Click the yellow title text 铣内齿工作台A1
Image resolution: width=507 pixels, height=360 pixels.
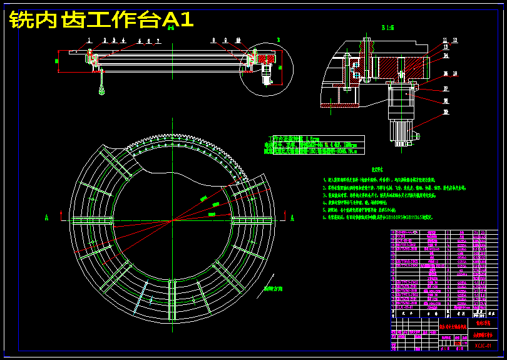[x=101, y=20]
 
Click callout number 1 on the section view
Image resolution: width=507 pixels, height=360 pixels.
[x=90, y=40]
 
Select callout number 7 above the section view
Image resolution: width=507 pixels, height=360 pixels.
[x=158, y=41]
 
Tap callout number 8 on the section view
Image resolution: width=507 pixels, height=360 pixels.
[x=213, y=40]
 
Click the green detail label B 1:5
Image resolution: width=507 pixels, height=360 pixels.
[x=387, y=28]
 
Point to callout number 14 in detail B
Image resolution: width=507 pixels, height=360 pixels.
[x=446, y=56]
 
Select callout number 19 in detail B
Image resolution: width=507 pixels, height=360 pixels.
[x=446, y=113]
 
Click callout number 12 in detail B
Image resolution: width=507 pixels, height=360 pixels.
[x=455, y=40]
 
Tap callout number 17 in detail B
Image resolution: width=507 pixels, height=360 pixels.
[x=446, y=88]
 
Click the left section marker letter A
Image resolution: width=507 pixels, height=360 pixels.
[x=46, y=217]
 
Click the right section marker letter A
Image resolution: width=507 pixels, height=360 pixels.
[x=292, y=217]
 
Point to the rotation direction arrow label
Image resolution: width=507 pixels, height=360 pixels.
[x=273, y=289]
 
